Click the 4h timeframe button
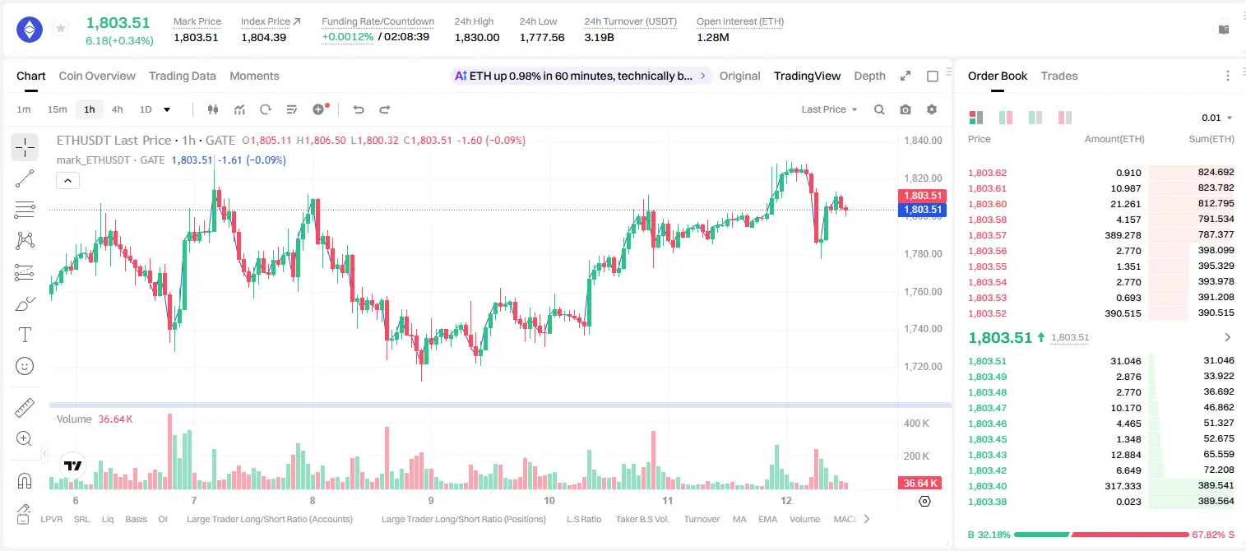pyautogui.click(x=117, y=109)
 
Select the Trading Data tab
pyautogui.click(x=183, y=76)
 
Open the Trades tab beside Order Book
pyautogui.click(x=1059, y=76)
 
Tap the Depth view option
pyautogui.click(x=869, y=76)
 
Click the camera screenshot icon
pyautogui.click(x=906, y=109)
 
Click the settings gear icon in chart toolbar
pyautogui.click(x=932, y=109)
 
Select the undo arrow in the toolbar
pyautogui.click(x=359, y=109)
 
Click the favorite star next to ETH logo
pyautogui.click(x=61, y=28)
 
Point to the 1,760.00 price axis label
pyautogui.click(x=923, y=291)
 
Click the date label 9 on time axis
pyautogui.click(x=431, y=500)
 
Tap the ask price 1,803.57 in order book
pyautogui.click(x=988, y=235)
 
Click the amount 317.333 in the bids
pyautogui.click(x=1123, y=486)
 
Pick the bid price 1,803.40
pyautogui.click(x=988, y=486)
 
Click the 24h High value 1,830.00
pyautogui.click(x=477, y=37)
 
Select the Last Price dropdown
pyautogui.click(x=829, y=109)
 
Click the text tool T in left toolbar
pyautogui.click(x=25, y=335)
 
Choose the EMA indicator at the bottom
pyautogui.click(x=767, y=519)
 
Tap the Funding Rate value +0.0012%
pyautogui.click(x=348, y=37)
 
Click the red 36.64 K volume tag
pyautogui.click(x=920, y=484)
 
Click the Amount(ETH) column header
pyautogui.click(x=1114, y=139)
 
